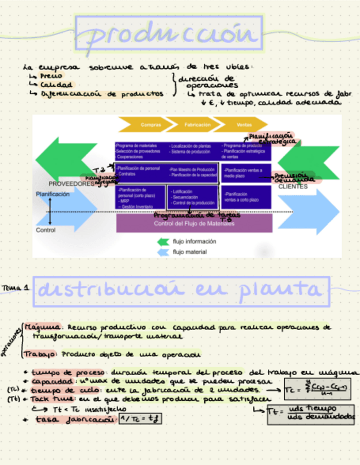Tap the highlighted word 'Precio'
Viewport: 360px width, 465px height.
pyautogui.click(x=51, y=76)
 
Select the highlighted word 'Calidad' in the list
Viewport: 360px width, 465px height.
pyautogui.click(x=55, y=84)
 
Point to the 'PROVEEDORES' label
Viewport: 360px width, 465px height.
pyautogui.click(x=71, y=184)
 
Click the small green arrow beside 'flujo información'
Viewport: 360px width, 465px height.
pyautogui.click(x=163, y=241)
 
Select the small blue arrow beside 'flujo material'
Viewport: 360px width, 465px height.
pyautogui.click(x=163, y=252)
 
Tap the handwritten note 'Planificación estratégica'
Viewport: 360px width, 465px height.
pyautogui.click(x=272, y=138)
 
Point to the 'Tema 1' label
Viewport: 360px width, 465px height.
pyautogui.click(x=15, y=287)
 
